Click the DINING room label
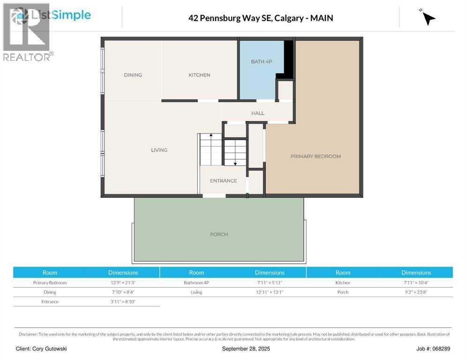pyautogui.click(x=133, y=75)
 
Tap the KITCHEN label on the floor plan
pyautogui.click(x=199, y=75)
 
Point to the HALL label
pyautogui.click(x=257, y=113)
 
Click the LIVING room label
pyautogui.click(x=159, y=150)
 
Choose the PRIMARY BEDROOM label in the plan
pyautogui.click(x=316, y=156)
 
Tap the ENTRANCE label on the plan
pyautogui.click(x=223, y=181)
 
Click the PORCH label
pyautogui.click(x=219, y=234)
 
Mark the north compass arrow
pyautogui.click(x=428, y=18)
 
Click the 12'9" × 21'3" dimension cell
pyautogui.click(x=123, y=283)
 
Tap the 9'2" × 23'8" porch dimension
pyautogui.click(x=416, y=292)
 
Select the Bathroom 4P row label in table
pyautogui.click(x=196, y=283)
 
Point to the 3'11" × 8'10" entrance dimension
pyautogui.click(x=123, y=301)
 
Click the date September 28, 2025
pyautogui.click(x=246, y=349)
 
